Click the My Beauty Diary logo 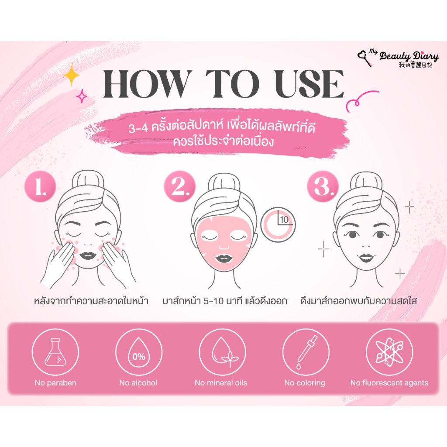[x=398, y=58]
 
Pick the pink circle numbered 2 [x=180, y=186]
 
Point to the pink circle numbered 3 [x=323, y=186]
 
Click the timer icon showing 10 [x=278, y=224]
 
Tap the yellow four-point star [x=71, y=75]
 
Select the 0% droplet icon [x=139, y=352]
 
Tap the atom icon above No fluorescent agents [x=389, y=352]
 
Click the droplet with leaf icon [x=222, y=352]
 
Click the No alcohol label [x=138, y=382]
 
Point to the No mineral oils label [x=221, y=382]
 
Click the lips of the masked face [x=224, y=259]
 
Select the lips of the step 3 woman [x=366, y=258]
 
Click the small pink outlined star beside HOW [x=82, y=96]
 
